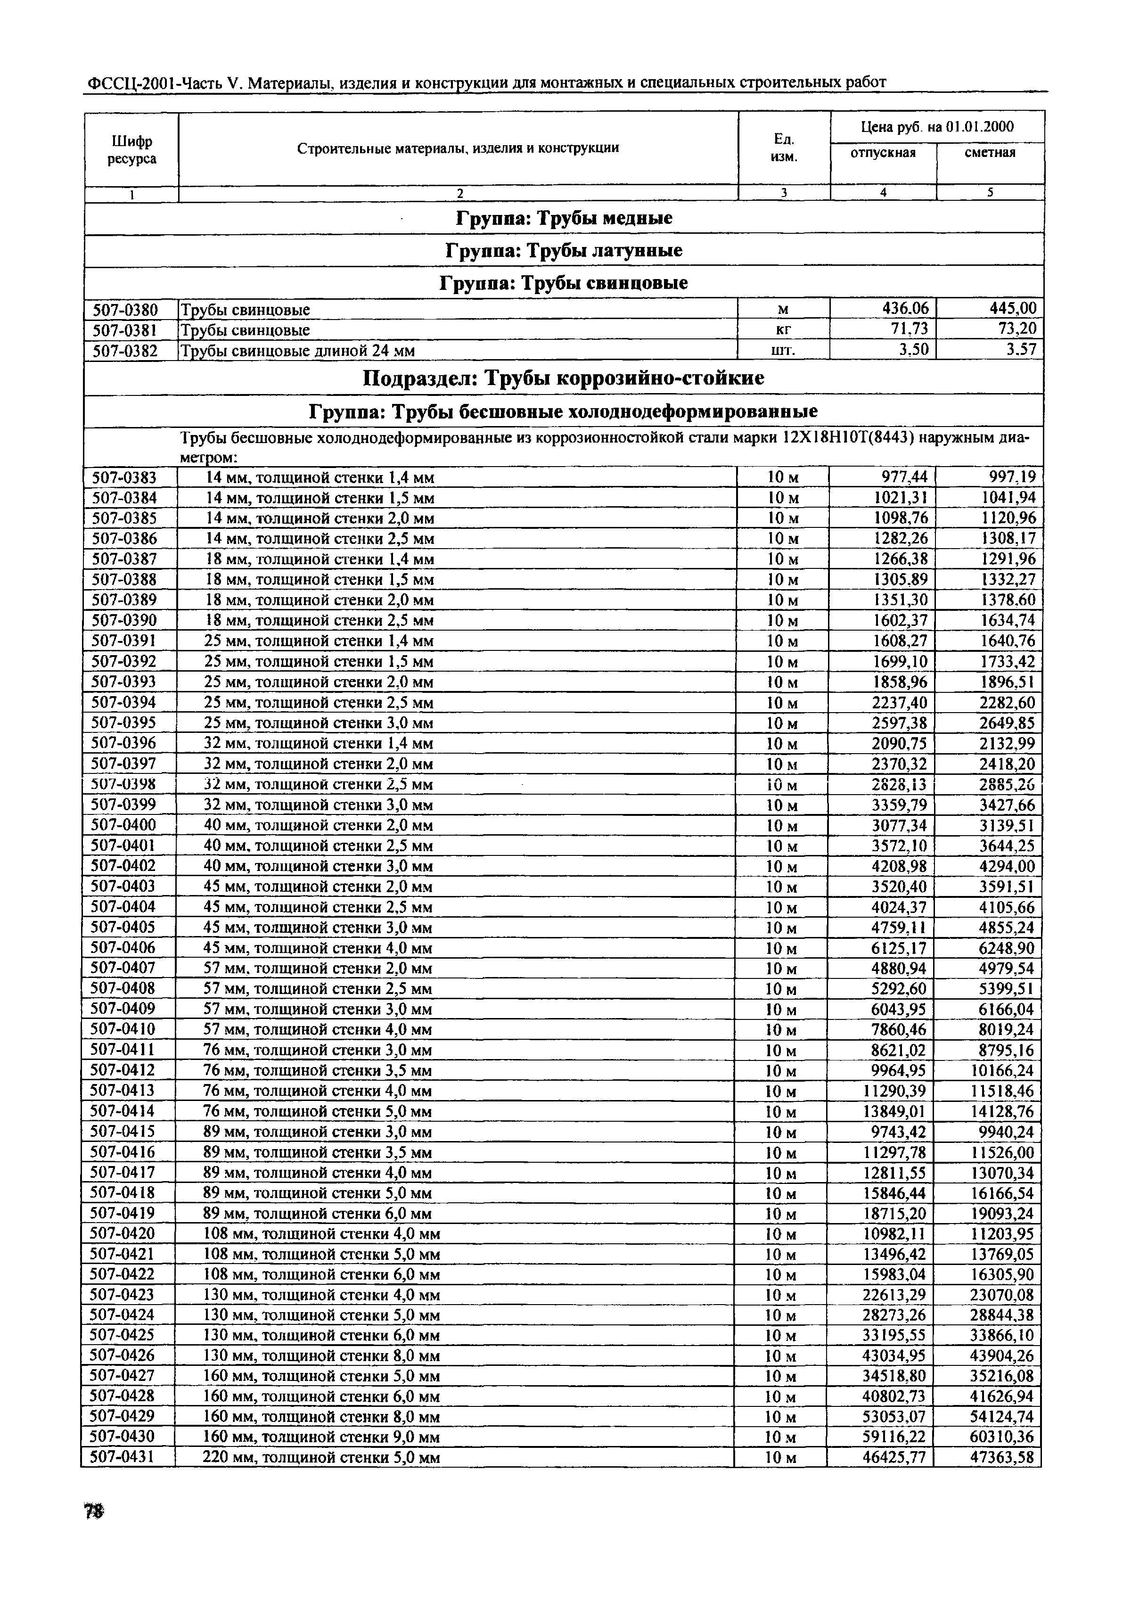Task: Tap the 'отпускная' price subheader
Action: coord(883,153)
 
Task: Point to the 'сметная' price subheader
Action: coord(990,153)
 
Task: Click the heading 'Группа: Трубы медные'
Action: coord(564,218)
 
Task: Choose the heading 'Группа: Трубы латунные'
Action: coord(564,250)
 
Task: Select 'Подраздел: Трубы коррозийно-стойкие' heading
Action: coord(564,378)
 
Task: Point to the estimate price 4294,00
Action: coord(1007,866)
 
